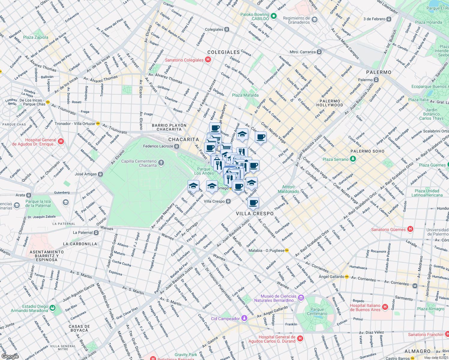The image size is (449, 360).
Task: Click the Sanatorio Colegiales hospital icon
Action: pos(208,60)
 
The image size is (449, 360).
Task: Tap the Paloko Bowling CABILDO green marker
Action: pos(273,16)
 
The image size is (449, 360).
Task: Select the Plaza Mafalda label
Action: pos(245,95)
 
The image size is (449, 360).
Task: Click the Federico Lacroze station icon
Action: pos(177,146)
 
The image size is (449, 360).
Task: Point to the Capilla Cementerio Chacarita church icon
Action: pos(161,163)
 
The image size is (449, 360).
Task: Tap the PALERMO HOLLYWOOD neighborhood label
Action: pos(330,103)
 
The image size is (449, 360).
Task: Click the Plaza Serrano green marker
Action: pos(353,159)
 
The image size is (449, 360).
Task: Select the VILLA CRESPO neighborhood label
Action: pos(255,214)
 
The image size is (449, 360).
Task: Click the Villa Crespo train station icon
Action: pos(228,201)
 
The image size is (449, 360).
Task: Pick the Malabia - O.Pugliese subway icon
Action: pos(287,250)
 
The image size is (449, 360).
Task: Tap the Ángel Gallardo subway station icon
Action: pos(347,277)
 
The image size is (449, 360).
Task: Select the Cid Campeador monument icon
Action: pos(244,318)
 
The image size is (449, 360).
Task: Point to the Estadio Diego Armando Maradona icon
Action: pos(53,308)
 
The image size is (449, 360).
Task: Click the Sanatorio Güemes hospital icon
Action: pos(410,229)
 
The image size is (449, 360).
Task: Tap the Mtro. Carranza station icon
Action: pos(319,52)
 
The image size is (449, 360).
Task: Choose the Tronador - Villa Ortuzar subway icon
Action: pos(98,124)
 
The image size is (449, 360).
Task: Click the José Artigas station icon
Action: pos(100,174)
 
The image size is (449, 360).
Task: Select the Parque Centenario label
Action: pos(317,311)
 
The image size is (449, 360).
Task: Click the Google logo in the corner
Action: pos(10,356)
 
